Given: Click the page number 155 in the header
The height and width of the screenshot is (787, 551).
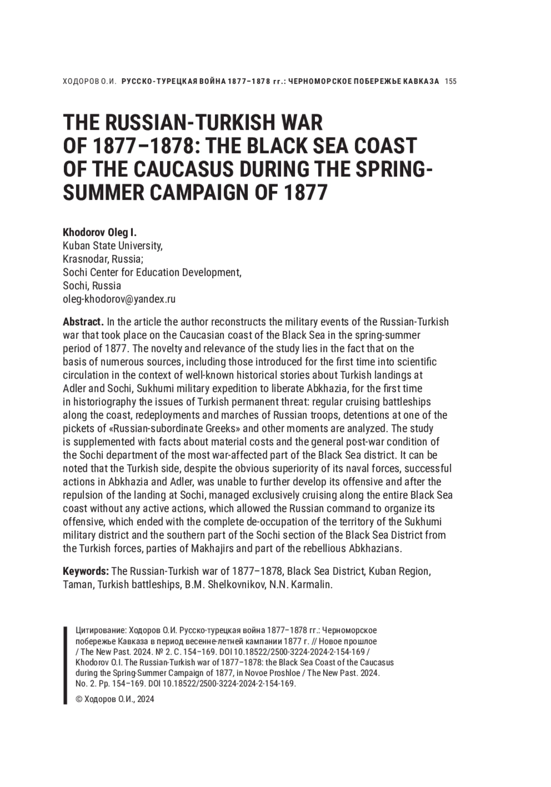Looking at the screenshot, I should point(451,82).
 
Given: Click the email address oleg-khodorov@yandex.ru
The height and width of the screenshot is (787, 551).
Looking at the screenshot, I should point(119,299).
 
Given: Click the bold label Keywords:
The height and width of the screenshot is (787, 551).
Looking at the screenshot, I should point(85,571).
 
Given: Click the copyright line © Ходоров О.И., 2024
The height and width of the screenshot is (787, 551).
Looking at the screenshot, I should point(114,699).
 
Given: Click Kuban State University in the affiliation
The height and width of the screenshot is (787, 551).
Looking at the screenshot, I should point(112,246).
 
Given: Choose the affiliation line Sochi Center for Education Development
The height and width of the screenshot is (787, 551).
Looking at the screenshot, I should point(152,272).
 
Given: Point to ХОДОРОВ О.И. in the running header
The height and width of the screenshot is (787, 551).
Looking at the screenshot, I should point(88,82).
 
